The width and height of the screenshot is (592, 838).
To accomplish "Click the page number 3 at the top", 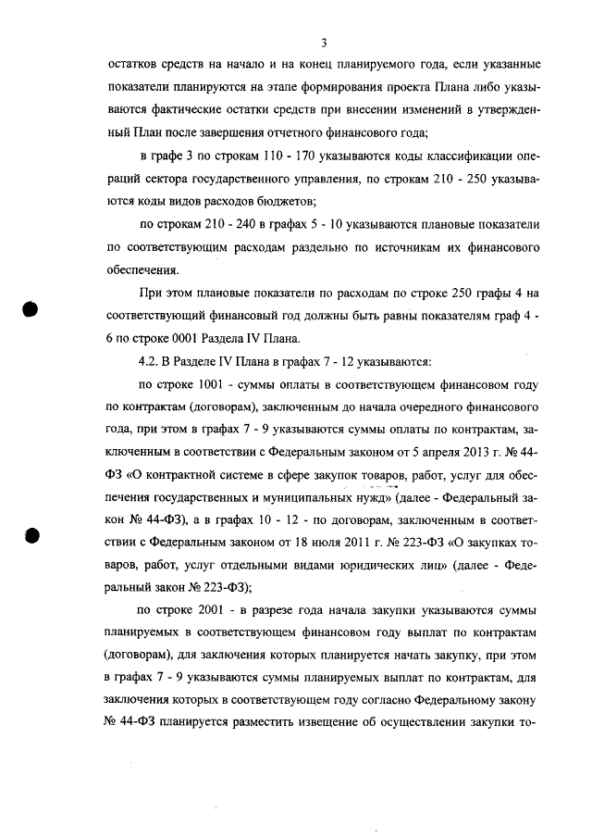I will tap(325, 43).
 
